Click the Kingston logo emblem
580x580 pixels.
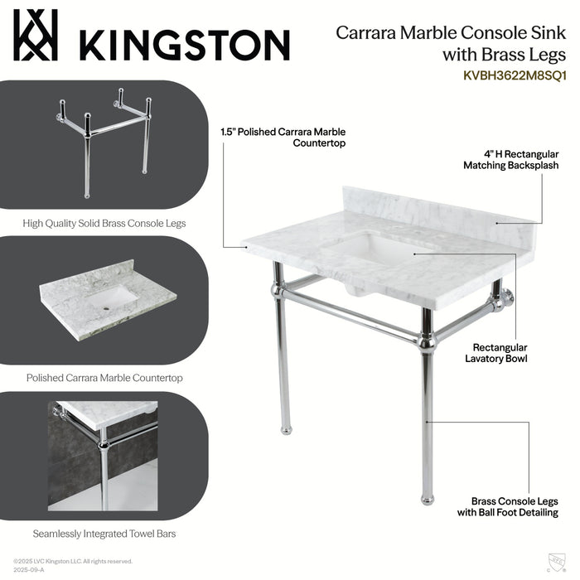[36, 36]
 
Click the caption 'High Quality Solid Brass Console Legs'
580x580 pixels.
[104, 223]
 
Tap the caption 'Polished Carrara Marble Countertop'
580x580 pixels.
[104, 378]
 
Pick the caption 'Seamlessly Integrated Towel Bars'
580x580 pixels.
[104, 534]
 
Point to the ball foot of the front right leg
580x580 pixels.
[428, 499]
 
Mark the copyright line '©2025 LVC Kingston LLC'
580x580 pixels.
[73, 562]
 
